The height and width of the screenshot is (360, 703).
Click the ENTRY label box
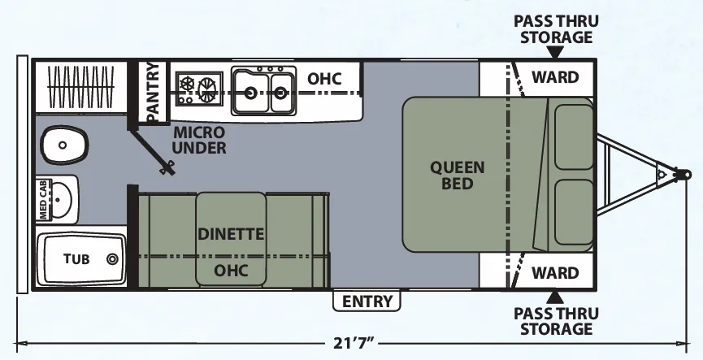367,301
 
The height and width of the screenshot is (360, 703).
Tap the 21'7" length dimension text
354,344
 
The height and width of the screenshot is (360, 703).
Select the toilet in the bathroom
63,145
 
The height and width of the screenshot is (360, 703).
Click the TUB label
76,258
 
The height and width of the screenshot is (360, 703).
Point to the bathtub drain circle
112,258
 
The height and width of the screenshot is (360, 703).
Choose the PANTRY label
153,92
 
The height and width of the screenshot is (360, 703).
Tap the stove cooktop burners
199,89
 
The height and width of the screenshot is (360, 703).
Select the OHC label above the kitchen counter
324,79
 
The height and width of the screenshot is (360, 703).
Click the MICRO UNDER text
198,140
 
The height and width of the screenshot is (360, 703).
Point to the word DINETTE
231,233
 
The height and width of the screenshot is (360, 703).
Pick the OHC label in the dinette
231,271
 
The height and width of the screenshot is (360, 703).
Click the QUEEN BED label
458,175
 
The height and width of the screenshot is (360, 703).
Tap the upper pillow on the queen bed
574,137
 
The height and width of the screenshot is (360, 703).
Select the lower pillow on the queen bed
574,212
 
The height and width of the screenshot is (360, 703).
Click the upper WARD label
555,77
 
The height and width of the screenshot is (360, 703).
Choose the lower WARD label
555,272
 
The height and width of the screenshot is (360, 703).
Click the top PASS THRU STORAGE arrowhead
555,53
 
